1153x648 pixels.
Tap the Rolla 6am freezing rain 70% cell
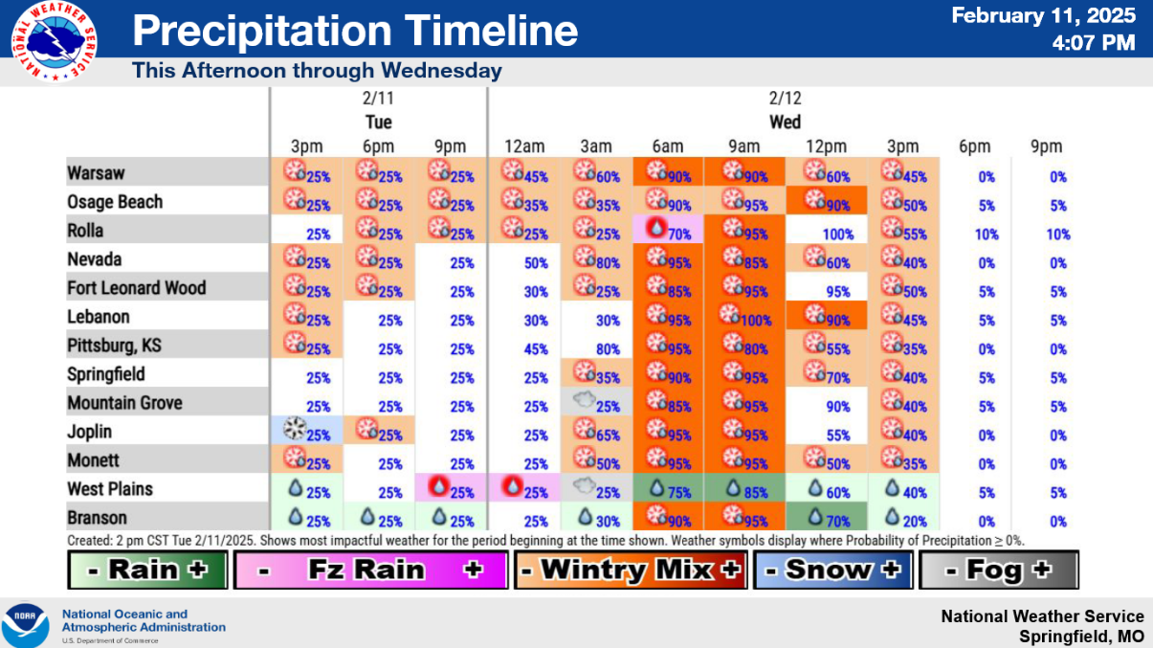669,232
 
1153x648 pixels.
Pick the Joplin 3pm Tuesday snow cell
306,433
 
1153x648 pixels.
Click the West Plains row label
110,489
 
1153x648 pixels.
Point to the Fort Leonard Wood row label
136,288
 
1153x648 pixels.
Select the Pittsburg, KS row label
106,346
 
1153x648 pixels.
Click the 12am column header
524,146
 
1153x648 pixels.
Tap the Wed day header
785,122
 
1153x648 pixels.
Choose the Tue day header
378,122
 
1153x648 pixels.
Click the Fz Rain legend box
369,570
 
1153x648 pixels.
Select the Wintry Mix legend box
630,570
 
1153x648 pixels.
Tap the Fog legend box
998,570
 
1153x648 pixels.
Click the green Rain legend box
147,570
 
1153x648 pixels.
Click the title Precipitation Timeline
355,31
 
